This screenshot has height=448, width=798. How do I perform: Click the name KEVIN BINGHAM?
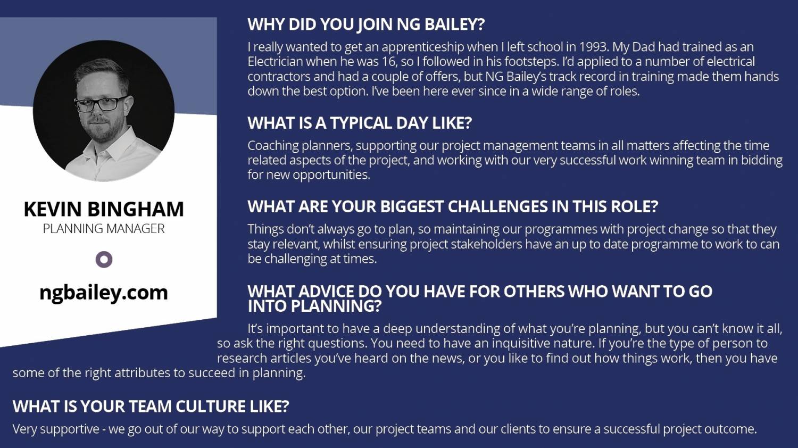(x=104, y=209)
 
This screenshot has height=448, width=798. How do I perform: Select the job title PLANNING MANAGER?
(x=104, y=229)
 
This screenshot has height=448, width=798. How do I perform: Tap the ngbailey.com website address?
(x=104, y=293)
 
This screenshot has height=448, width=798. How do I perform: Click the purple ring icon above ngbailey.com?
(x=104, y=260)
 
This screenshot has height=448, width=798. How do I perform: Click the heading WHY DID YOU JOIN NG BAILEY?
(x=366, y=24)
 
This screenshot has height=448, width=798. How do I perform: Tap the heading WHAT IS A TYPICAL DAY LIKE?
(x=360, y=123)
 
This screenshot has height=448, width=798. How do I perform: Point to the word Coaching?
(x=273, y=146)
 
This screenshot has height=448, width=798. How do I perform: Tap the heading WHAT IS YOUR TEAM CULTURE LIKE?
(x=151, y=406)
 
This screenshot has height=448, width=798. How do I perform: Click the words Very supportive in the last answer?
(x=56, y=429)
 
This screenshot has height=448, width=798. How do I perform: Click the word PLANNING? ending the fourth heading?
(x=336, y=306)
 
